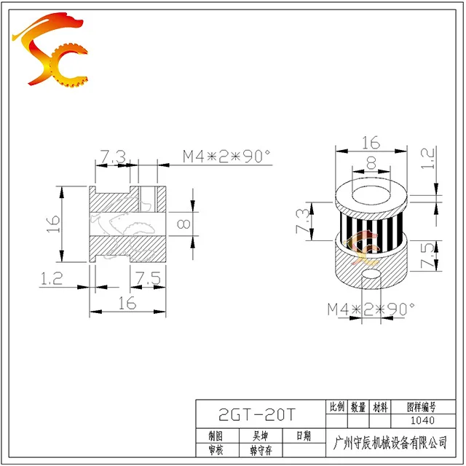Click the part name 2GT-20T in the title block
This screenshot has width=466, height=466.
[x=258, y=415]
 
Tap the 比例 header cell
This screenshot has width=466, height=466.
[x=337, y=407]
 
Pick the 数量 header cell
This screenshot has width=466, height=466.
[x=358, y=407]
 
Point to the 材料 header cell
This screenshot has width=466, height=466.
[x=380, y=407]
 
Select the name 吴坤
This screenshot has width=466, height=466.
[x=260, y=435]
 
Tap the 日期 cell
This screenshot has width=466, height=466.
[x=302, y=435]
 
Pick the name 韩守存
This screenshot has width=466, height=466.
[x=260, y=450]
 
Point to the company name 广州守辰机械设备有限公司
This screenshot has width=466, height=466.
[x=389, y=442]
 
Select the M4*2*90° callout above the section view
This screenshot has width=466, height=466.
[x=226, y=156]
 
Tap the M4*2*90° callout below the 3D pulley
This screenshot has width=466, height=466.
[x=370, y=308]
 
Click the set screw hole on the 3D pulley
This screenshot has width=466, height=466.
[x=372, y=277]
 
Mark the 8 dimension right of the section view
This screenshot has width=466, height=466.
[x=183, y=225]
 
